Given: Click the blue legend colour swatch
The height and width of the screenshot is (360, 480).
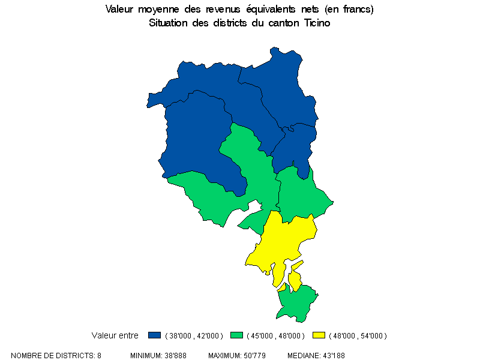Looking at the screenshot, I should click(x=155, y=335).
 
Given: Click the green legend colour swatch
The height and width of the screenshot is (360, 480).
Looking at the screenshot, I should click(x=238, y=335).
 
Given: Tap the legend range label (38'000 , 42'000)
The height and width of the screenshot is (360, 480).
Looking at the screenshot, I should click(x=194, y=335).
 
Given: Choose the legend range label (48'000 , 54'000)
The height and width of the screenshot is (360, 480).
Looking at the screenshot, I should click(x=358, y=335).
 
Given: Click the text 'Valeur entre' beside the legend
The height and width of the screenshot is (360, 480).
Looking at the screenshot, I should click(x=115, y=335).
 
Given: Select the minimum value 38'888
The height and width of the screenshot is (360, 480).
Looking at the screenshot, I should click(x=175, y=356).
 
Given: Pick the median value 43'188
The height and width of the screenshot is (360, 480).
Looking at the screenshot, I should click(x=332, y=356).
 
